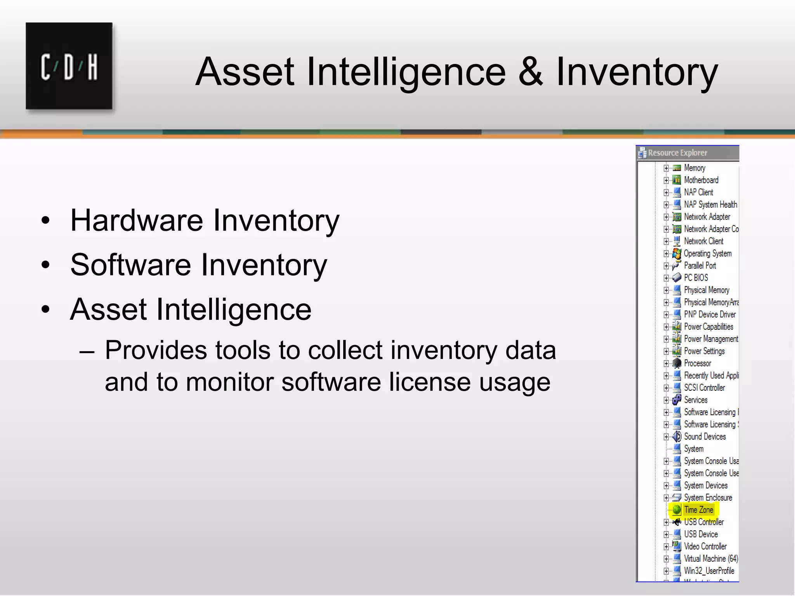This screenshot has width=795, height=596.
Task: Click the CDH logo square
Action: pos(69,66)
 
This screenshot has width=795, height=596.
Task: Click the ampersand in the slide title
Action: pos(531,71)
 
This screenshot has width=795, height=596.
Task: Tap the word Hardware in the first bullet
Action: pos(137,220)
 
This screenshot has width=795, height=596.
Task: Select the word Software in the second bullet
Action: pos(130,265)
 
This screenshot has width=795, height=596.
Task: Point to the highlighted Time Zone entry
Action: pos(698,510)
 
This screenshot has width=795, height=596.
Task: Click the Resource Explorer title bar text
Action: pos(677,153)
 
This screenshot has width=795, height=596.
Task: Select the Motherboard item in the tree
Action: pos(701,180)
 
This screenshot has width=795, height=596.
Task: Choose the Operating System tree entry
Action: pos(707,253)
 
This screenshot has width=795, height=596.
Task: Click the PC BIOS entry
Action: pos(696,278)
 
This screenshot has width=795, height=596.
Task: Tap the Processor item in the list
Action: pos(697,364)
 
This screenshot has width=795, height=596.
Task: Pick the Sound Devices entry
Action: pos(705,437)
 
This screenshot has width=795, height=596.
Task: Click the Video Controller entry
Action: pos(705,546)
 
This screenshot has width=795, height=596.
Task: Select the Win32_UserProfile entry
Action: pos(709,571)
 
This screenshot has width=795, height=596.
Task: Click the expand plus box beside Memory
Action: pos(666,168)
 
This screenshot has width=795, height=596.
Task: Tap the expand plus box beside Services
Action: pos(666,400)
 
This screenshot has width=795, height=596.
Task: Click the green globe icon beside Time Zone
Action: pos(677,510)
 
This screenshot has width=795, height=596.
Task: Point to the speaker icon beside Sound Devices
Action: pos(677,437)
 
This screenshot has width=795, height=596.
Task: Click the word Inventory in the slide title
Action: pos(637,71)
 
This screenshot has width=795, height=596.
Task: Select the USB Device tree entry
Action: pos(701,534)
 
